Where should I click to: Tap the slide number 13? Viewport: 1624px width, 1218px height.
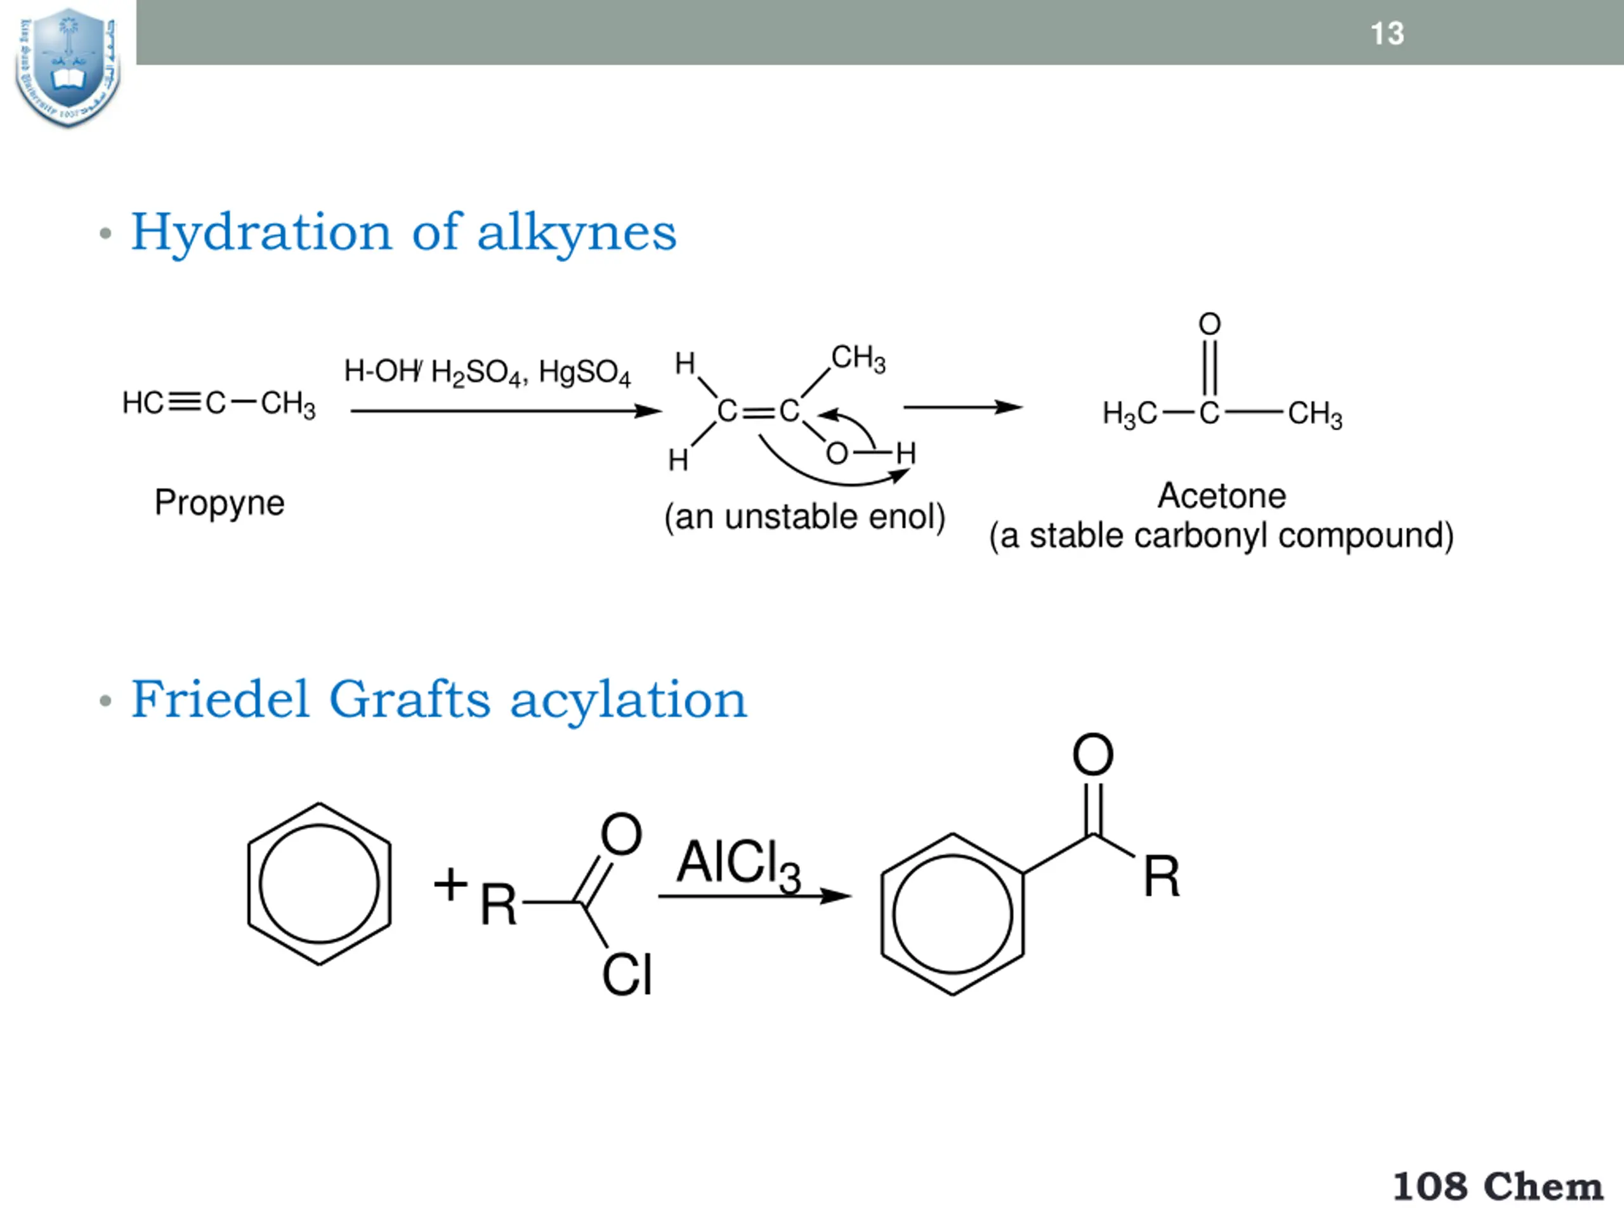[1387, 34]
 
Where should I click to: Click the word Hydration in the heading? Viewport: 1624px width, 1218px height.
[261, 232]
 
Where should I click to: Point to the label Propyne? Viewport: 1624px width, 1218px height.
[219, 503]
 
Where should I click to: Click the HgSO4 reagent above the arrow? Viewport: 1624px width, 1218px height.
[584, 372]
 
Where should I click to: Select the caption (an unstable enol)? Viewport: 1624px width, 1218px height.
[804, 517]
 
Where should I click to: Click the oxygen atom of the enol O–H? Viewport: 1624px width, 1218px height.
[836, 454]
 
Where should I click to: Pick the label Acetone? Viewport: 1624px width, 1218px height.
[1222, 495]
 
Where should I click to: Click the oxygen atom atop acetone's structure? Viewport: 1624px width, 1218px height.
[1209, 324]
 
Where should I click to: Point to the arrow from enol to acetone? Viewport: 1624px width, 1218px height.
[962, 407]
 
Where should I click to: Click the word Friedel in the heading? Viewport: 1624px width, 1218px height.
[219, 699]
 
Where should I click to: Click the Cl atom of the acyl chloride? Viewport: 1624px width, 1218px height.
[626, 975]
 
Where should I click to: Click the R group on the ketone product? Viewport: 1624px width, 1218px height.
[1161, 877]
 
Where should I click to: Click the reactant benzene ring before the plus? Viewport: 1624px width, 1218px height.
[319, 884]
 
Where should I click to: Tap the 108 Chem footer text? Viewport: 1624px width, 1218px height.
[1497, 1187]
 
